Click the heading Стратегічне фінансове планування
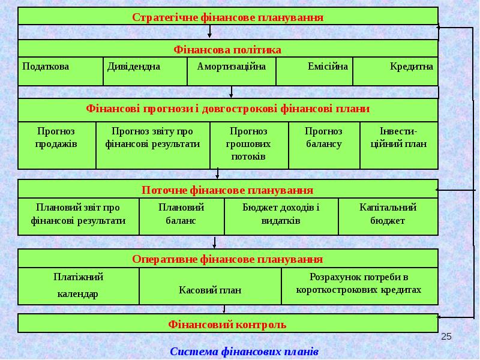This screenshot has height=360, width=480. (x=228, y=17)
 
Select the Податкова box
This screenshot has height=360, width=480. (x=61, y=71)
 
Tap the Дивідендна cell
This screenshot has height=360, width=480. (x=145, y=71)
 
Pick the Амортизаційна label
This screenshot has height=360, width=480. (x=232, y=67)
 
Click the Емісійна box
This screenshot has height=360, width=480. (x=314, y=71)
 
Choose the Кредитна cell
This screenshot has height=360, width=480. (x=395, y=71)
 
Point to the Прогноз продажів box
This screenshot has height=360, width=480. (x=57, y=145)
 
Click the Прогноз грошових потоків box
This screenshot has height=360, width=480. (x=249, y=145)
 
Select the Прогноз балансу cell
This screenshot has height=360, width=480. (x=324, y=145)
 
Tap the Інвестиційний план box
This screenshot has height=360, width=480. (x=399, y=145)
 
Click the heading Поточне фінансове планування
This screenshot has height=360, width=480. (x=227, y=190)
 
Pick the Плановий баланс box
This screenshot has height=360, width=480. (x=182, y=217)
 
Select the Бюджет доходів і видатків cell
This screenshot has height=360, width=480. (x=281, y=217)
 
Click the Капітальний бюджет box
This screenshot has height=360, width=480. (x=388, y=217)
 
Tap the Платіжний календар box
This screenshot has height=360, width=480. (x=79, y=286)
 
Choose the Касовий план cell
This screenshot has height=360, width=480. (x=210, y=286)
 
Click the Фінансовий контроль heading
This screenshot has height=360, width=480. (x=227, y=325)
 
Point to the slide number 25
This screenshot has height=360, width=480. (x=446, y=337)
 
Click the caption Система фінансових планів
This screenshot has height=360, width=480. (x=244, y=352)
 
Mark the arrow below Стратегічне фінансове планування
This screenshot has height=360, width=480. (x=209, y=31)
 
